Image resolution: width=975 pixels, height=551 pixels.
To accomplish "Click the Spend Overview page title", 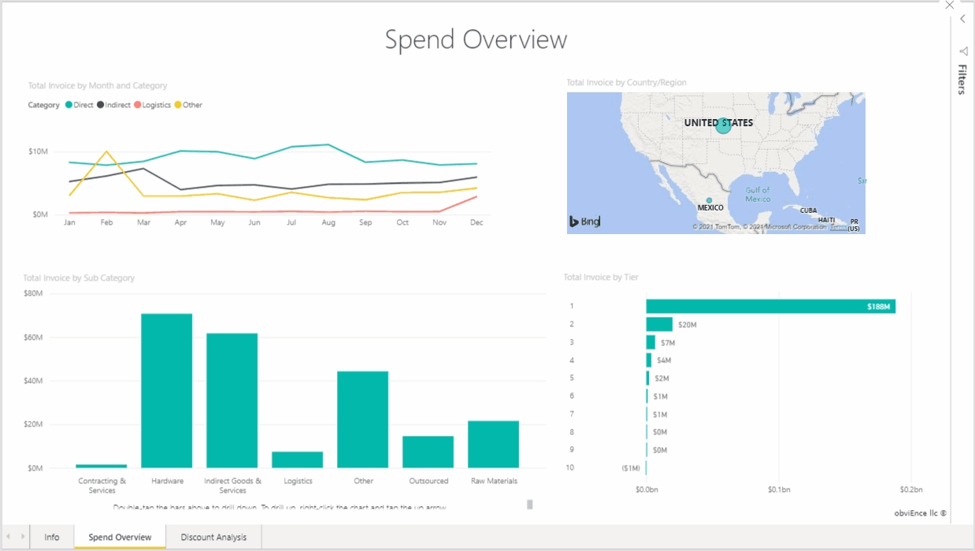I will (476, 39).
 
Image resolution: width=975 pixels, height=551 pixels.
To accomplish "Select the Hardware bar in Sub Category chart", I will (167, 390).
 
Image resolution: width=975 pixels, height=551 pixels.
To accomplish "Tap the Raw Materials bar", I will (493, 444).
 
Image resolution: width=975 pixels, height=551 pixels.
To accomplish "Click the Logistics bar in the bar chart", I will (298, 460).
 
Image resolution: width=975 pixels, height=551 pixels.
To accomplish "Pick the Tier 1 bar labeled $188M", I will (770, 306).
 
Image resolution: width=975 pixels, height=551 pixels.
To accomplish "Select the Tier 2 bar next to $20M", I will (659, 324).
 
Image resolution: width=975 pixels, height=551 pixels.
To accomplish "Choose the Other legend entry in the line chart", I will (188, 105).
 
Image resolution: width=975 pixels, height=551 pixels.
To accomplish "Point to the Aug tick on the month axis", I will (328, 223).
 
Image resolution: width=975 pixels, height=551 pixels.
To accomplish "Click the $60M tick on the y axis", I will (33, 337).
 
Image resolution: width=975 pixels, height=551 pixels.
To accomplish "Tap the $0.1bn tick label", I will (778, 489).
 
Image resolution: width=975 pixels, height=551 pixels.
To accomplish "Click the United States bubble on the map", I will (723, 125).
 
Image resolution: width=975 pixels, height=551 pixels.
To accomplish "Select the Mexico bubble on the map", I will (709, 200).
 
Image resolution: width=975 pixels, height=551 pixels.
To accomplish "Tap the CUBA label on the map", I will (808, 210).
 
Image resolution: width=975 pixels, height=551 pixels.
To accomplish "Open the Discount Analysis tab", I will (213, 538).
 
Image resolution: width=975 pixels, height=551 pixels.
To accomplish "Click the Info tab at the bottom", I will (52, 538).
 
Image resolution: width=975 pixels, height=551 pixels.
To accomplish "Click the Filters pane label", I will (962, 80).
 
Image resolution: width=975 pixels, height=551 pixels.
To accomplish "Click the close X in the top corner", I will (949, 5).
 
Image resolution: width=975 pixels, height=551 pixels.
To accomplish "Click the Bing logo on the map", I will (584, 222).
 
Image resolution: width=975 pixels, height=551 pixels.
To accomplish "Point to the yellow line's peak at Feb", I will (106, 151).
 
